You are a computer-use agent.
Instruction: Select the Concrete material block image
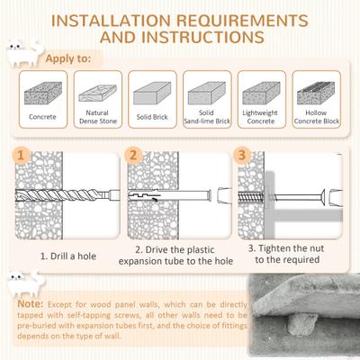tap(41, 92)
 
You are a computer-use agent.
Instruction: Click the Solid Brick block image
tap(151, 92)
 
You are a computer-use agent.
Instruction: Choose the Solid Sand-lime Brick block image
tap(207, 92)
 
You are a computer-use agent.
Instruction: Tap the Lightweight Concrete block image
tap(263, 92)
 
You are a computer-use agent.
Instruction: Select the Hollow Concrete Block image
tap(319, 92)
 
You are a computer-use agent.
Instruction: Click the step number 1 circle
tap(20, 154)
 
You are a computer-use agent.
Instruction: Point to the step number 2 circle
tap(132, 154)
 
